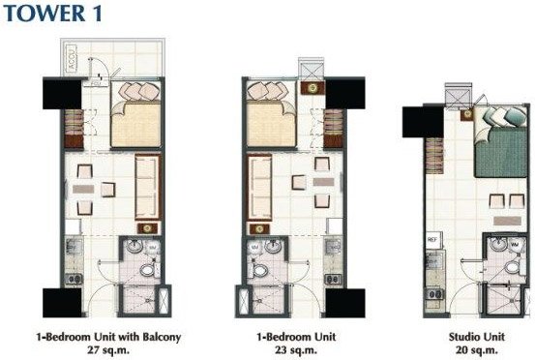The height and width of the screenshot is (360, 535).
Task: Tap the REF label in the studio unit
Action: [x=432, y=237]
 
